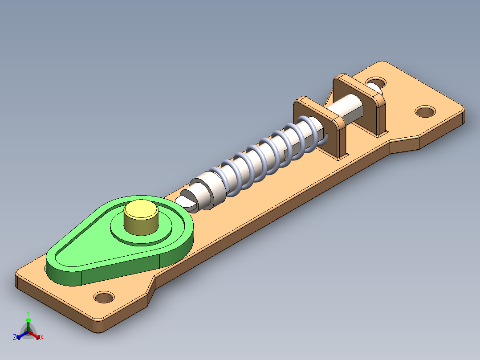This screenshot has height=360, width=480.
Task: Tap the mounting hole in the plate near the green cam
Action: coord(104,297)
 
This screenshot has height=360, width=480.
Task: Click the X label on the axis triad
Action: coord(42,338)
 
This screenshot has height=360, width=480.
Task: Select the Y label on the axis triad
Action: coord(28,313)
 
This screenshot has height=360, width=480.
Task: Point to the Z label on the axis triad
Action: coord(15,338)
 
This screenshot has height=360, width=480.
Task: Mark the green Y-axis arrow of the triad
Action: coord(28,323)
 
